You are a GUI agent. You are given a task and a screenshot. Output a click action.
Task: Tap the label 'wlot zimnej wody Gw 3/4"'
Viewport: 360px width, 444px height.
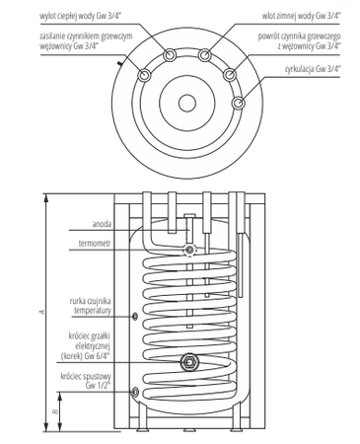coord(301,16)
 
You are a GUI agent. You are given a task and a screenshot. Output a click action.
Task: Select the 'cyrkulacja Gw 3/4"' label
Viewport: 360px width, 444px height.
coord(313,69)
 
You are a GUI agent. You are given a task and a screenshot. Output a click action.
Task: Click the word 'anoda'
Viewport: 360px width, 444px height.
coord(102,224)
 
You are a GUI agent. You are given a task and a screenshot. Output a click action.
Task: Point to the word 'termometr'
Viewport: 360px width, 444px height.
coord(95,244)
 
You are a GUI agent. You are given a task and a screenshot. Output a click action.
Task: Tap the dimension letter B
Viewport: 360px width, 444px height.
coord(56,411)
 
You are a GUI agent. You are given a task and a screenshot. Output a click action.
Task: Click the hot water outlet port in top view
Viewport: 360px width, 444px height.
coord(170,55)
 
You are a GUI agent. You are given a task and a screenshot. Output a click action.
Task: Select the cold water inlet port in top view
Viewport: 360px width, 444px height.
coord(205,55)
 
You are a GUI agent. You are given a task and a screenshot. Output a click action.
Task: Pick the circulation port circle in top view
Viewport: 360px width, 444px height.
coord(238,104)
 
